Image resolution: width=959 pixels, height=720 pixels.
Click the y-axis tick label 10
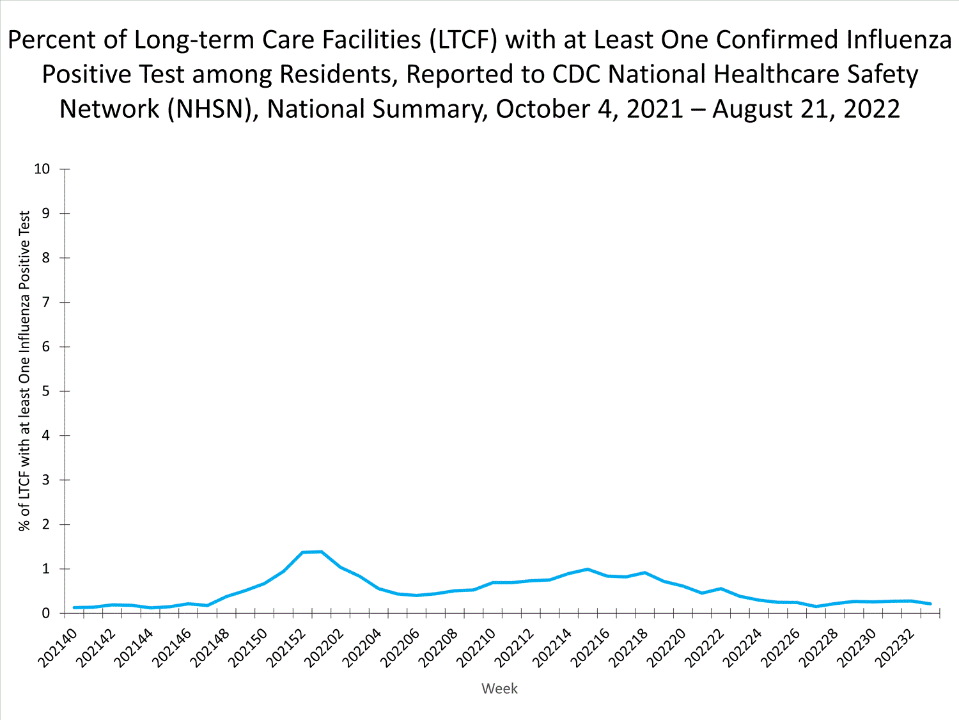42,169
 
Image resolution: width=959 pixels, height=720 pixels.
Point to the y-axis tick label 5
45,391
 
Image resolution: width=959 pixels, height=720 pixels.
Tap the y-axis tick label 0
45,613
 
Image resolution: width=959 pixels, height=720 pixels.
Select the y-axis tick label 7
45,302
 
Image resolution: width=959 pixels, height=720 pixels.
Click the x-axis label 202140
58,648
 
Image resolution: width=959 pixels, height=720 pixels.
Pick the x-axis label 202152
286,648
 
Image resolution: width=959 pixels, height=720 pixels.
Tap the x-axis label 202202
324,648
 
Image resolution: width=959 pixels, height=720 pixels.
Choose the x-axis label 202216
591,648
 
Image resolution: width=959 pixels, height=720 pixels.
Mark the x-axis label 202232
895,648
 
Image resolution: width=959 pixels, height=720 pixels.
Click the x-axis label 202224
743,648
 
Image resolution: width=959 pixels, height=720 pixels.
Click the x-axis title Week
499,689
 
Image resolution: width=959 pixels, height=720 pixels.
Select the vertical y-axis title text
24,371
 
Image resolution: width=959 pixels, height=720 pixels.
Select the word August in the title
752,109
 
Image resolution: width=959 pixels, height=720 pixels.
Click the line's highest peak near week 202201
321,552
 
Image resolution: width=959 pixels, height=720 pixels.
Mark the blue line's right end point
930,604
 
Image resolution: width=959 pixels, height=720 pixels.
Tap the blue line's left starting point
74,607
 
